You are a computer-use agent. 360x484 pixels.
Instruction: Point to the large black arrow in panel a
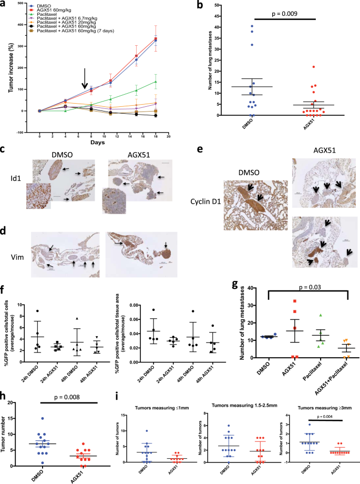pyautogui.click(x=85, y=82)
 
